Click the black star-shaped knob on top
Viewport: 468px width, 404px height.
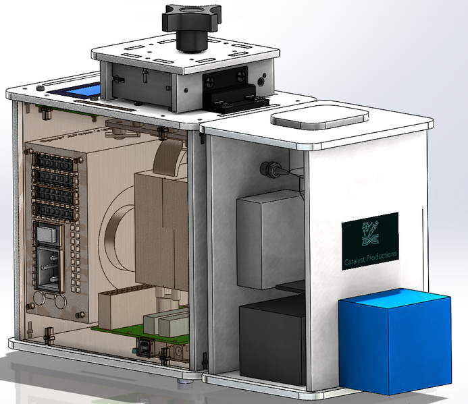tap(192, 25)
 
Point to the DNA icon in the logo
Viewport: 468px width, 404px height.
tap(369, 231)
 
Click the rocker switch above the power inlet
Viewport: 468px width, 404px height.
tap(51, 233)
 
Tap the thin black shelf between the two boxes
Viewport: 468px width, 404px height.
tap(290, 288)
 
